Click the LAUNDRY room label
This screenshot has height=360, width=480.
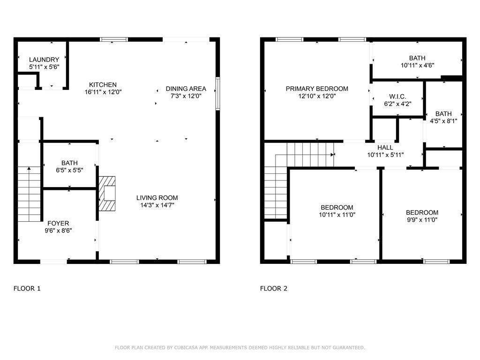click(x=44, y=60)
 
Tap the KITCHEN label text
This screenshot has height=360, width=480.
click(x=103, y=85)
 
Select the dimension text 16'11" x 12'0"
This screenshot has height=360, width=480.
click(x=103, y=92)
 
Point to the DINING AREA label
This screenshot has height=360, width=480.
click(x=186, y=89)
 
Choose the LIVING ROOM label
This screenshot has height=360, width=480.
click(x=157, y=198)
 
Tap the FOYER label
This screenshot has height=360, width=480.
click(x=58, y=224)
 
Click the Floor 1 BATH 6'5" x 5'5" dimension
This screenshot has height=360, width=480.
click(x=69, y=170)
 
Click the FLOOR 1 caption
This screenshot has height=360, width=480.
click(x=27, y=288)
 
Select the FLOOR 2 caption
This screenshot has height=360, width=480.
click(x=274, y=288)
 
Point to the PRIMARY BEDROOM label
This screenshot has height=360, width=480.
click(x=317, y=89)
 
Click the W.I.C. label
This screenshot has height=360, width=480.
click(x=397, y=97)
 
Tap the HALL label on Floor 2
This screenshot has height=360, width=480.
click(x=385, y=148)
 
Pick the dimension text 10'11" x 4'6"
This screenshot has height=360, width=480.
click(x=418, y=65)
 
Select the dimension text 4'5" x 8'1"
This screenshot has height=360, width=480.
click(x=443, y=121)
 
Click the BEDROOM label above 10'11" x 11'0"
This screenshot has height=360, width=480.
click(x=337, y=208)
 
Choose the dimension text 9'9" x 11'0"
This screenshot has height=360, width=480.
click(x=422, y=219)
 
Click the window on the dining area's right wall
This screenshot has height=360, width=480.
click(x=217, y=94)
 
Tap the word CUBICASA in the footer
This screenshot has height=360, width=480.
click(x=186, y=348)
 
